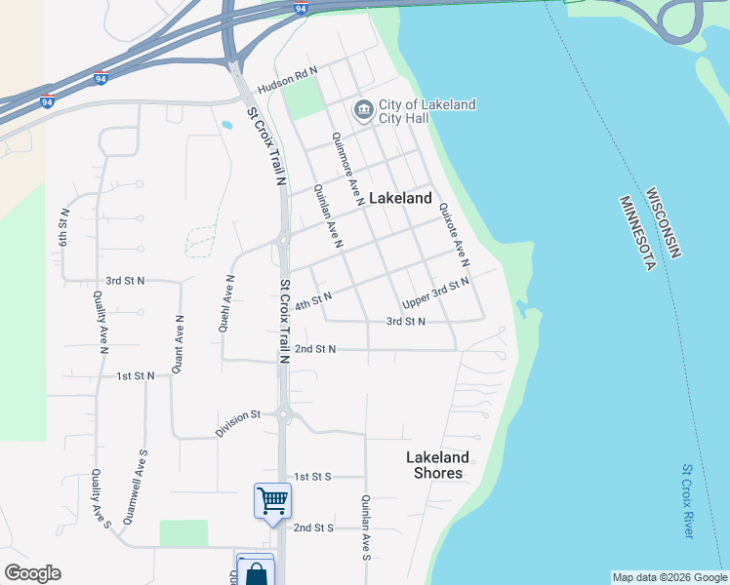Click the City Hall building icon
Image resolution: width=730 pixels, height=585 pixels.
[364, 110]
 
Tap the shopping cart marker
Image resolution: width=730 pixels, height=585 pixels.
[272, 501]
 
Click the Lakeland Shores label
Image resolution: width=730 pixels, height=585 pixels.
[437, 465]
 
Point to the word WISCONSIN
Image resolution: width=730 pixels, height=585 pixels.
[664, 223]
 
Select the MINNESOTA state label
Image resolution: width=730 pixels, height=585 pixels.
[636, 234]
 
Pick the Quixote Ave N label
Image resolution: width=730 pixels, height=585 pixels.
[455, 235]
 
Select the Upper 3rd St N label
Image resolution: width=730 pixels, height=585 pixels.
[436, 290]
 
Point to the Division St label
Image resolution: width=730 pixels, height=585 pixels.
[238, 421]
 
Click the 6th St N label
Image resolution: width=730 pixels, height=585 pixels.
[64, 226]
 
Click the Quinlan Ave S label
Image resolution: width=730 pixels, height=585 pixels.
[365, 527]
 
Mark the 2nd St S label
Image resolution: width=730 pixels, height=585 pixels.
[314, 527]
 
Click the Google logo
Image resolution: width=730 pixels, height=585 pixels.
[32, 573]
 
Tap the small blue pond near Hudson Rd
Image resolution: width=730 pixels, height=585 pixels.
[226, 125]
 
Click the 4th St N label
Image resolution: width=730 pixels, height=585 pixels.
[313, 299]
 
